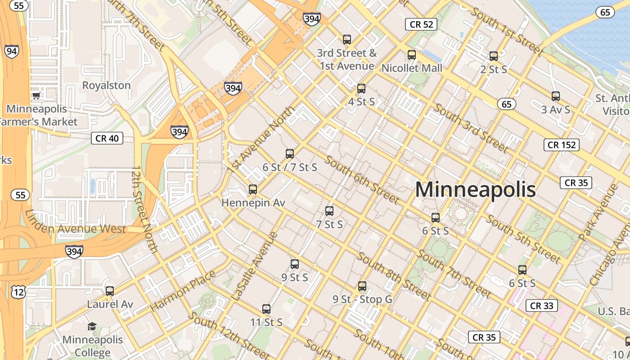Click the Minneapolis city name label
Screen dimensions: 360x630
click(475, 189)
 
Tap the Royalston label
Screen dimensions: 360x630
click(106, 85)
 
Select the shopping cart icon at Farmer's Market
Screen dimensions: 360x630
click(36, 95)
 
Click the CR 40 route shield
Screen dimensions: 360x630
click(107, 138)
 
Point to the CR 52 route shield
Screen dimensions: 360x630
click(421, 24)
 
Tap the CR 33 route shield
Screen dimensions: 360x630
click(542, 306)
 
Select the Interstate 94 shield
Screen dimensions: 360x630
click(12, 51)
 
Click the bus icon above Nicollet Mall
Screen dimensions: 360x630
click(411, 55)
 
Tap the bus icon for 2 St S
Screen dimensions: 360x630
click(494, 56)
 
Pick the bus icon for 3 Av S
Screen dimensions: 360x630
click(555, 96)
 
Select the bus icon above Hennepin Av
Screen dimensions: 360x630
click(253, 189)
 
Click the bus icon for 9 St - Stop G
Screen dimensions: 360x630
click(362, 286)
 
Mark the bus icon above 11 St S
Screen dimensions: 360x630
click(266, 309)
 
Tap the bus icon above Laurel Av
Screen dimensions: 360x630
click(110, 291)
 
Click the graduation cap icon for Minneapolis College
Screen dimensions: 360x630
click(92, 326)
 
